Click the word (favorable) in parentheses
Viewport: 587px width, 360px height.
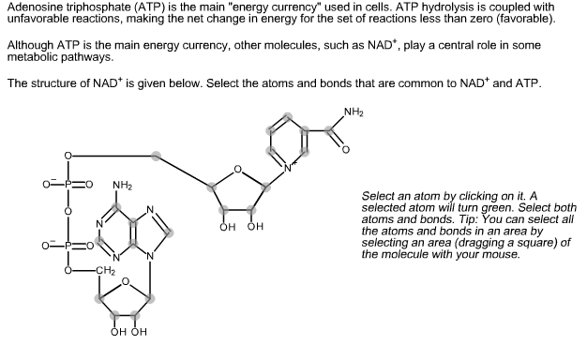(x=529, y=19)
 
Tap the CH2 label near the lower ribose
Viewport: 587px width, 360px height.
(x=104, y=271)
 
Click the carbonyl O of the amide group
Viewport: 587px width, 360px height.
(x=344, y=149)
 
